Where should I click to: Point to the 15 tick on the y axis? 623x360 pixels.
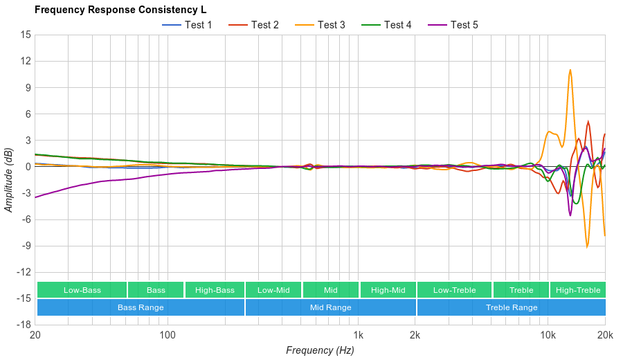26,35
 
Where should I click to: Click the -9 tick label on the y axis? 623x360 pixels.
25,246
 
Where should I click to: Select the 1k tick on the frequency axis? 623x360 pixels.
358,336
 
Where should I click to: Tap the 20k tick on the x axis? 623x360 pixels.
605,336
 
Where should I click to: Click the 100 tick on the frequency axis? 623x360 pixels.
168,336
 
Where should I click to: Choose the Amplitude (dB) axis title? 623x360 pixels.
9,179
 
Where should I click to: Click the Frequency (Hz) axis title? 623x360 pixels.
320,350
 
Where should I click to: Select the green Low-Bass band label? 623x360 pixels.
82,290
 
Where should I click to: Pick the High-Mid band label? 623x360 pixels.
388,290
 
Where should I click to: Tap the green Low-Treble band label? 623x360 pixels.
454,290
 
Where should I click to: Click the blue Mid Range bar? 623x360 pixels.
330,307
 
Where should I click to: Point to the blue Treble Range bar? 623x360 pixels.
511,307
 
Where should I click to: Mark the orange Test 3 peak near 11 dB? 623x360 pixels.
570,70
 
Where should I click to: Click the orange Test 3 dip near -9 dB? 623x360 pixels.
587,246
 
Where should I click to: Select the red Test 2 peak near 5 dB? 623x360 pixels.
588,122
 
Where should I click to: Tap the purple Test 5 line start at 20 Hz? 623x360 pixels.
35,197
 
